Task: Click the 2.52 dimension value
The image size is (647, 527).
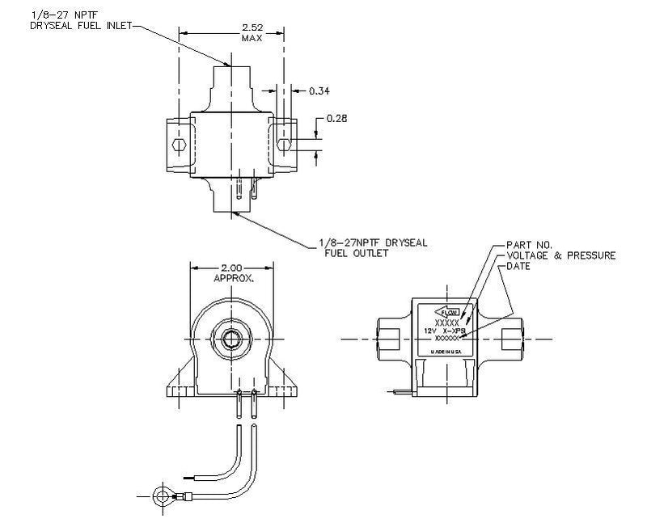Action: (252, 27)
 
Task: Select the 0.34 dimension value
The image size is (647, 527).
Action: (319, 91)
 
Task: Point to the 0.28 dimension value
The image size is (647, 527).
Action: (336, 120)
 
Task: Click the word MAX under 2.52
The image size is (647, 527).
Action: (252, 38)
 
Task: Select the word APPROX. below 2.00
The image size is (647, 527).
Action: (234, 277)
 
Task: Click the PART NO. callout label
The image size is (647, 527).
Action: (530, 244)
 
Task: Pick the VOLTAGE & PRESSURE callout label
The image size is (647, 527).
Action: (560, 255)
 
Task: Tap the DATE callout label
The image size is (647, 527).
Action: (518, 267)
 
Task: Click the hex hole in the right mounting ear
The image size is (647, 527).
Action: (282, 145)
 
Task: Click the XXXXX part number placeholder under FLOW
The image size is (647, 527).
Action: (446, 323)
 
